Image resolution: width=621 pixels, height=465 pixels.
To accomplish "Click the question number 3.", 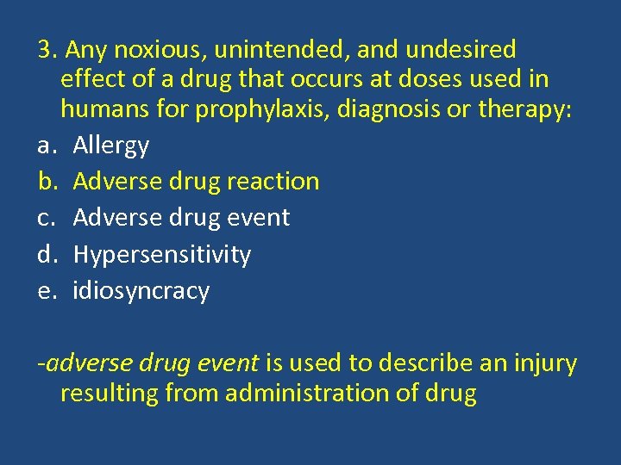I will click(44, 49).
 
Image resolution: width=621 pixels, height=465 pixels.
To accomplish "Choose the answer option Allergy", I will click(110, 146).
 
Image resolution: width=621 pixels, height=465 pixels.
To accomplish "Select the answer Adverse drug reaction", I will click(196, 181).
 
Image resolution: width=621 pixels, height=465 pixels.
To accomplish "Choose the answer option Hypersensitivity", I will click(161, 255).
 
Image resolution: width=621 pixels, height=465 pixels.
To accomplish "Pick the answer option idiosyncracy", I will click(141, 291).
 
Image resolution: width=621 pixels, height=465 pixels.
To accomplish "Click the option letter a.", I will click(45, 146).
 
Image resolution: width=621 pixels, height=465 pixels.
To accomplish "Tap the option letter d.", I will click(46, 254).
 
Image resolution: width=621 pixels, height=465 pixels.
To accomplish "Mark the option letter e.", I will click(45, 291).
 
